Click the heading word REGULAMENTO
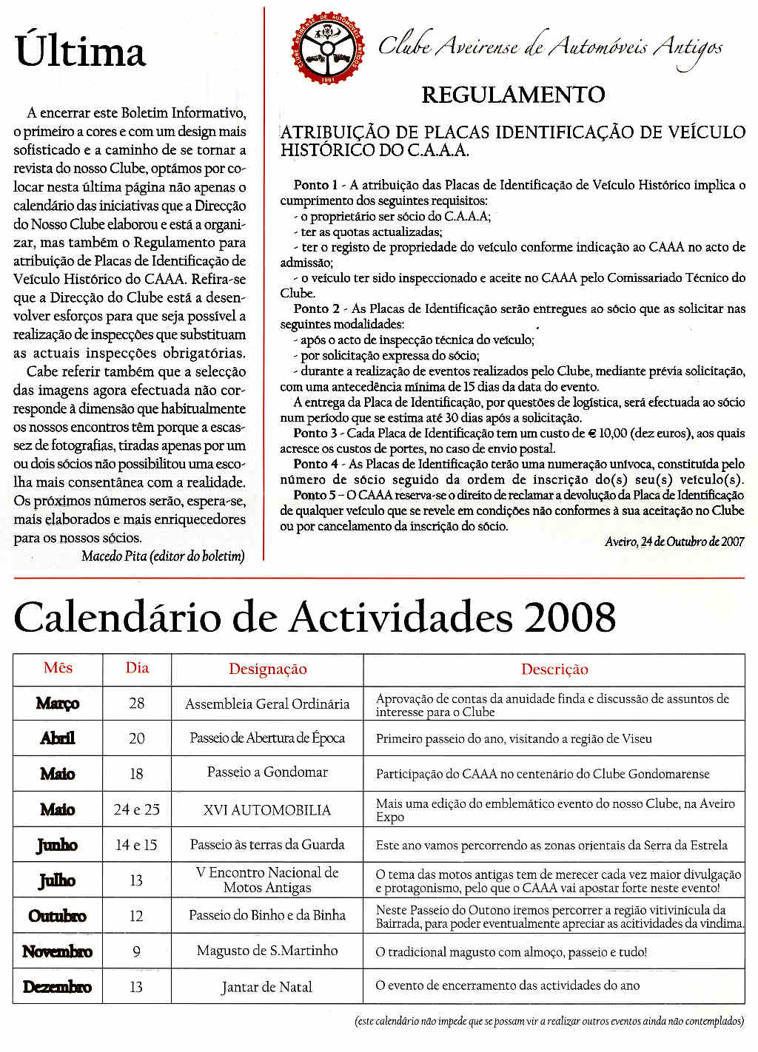coord(513,95)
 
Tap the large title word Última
coord(80,52)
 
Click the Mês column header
coord(58,668)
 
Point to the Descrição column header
coord(554,670)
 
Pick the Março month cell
coord(58,703)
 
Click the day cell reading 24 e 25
coord(137,809)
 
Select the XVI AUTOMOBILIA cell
coord(267,810)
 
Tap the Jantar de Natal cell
coord(267,987)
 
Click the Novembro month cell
coord(58,951)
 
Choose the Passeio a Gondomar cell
coord(267,772)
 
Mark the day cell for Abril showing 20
coord(137,738)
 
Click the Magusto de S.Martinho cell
coord(267,951)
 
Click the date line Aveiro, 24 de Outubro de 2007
coord(674,542)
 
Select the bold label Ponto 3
coord(315,434)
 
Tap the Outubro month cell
coord(58,916)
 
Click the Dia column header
coord(137,668)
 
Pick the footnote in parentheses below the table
coord(549,1022)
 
